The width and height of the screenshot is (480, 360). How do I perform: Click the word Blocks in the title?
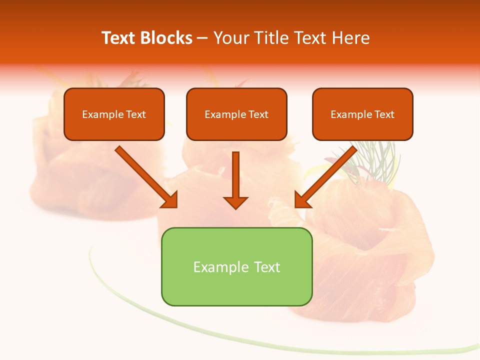point(166,38)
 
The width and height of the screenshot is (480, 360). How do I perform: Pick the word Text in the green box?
point(267,267)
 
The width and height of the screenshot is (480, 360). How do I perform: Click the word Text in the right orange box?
point(384,114)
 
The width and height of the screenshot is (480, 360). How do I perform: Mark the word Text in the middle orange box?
point(258,114)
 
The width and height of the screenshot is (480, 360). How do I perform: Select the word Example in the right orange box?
point(351,114)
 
